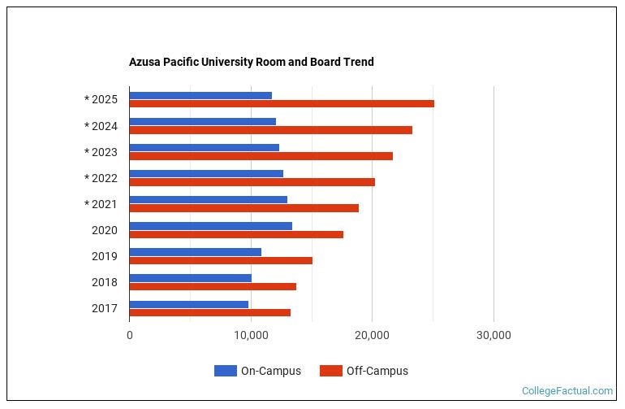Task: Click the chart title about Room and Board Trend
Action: coord(251,62)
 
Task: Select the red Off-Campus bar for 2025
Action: coord(282,104)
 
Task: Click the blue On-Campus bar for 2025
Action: coord(200,95)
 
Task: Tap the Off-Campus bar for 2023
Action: coord(261,156)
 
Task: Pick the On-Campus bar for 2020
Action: coord(210,225)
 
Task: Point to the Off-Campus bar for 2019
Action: coord(221,260)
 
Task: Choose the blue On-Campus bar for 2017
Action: coord(188,304)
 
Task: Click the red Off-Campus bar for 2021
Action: coord(244,208)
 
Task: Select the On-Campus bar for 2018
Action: coord(190,278)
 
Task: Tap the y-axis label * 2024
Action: coord(101,126)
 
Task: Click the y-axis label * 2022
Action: coord(101,178)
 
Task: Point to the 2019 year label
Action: coord(104,256)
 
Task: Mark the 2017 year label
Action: coord(104,308)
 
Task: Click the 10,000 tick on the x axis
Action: coord(251,335)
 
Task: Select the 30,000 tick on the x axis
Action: coord(494,335)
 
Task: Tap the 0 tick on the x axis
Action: coord(130,335)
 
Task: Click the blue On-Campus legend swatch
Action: coord(225,371)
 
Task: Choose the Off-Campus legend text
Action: coord(377,371)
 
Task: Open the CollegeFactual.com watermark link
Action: coord(567,391)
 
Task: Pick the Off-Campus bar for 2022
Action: coord(252,182)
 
